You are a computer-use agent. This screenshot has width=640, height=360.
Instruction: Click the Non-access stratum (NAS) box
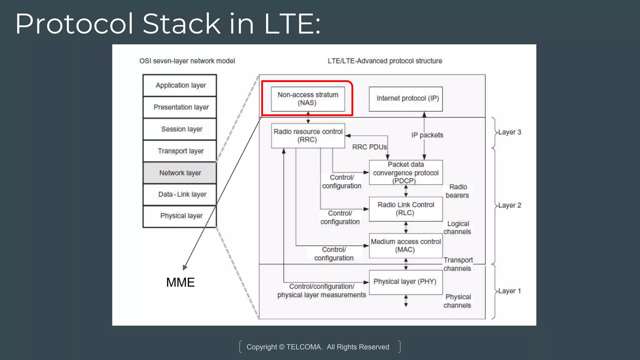308,99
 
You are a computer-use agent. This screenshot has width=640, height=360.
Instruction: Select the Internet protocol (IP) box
406,99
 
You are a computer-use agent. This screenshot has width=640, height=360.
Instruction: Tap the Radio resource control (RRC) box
308,136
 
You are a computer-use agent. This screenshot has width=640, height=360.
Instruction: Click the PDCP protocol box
406,172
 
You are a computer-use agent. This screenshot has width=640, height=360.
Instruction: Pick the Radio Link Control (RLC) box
406,209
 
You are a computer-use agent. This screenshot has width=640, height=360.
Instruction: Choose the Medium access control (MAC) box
406,246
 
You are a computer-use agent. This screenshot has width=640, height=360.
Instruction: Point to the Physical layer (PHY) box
406,282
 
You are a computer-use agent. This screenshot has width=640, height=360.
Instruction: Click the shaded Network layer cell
180,173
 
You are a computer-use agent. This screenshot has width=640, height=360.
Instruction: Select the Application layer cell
180,85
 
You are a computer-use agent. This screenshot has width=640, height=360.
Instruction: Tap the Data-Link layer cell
180,194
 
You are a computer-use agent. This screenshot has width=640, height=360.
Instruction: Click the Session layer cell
180,129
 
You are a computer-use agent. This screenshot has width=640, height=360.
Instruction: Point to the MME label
180,282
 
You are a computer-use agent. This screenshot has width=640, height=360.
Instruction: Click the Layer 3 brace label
509,132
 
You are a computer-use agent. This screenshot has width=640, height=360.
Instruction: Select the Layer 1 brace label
509,291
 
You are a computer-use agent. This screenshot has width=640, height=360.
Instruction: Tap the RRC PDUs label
369,147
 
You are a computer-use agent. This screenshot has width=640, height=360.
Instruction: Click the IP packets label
427,135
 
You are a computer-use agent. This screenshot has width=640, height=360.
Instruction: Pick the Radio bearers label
457,191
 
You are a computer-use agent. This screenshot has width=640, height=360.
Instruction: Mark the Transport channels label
458,264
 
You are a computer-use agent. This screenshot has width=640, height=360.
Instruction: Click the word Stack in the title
182,24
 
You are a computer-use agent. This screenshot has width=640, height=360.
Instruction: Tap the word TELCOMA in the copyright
304,347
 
